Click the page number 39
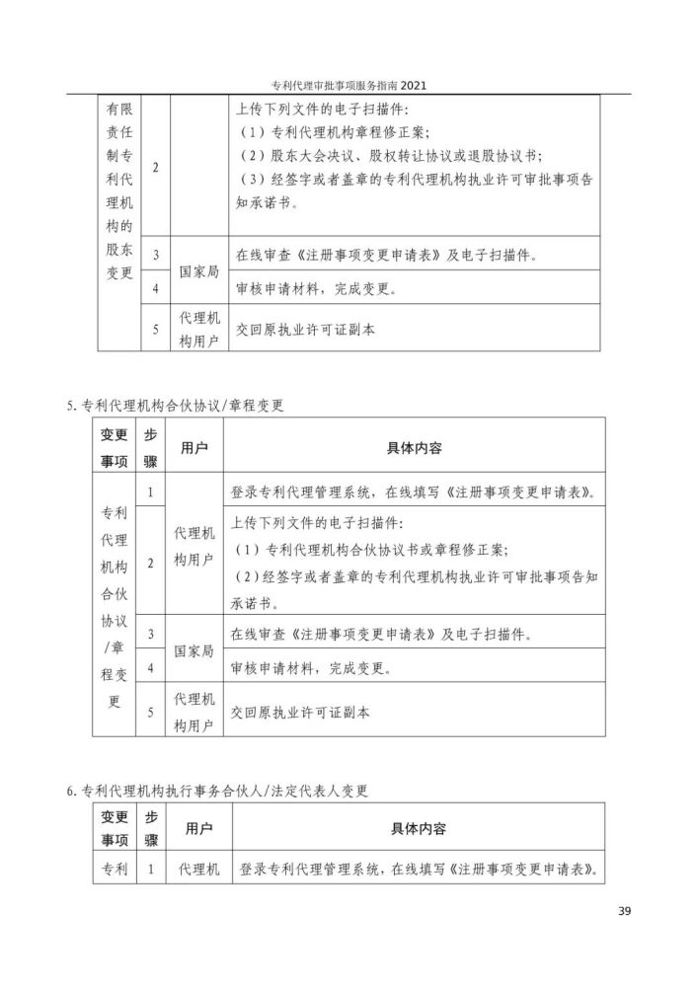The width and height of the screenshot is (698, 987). tap(624, 911)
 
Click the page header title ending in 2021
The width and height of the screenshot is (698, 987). tap(349, 86)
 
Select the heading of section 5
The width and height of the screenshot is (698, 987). tap(175, 406)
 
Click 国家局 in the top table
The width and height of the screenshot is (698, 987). tap(197, 271)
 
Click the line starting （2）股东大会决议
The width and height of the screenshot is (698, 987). tap(391, 156)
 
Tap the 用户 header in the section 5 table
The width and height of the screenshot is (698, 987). tap(194, 448)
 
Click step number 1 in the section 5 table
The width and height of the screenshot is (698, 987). tap(150, 491)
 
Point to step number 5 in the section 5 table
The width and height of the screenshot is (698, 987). tap(150, 711)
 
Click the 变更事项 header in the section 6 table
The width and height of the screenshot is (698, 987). tap(115, 828)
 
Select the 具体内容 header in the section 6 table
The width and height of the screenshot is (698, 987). tap(419, 828)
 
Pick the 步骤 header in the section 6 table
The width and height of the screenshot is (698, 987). tap(151, 828)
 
